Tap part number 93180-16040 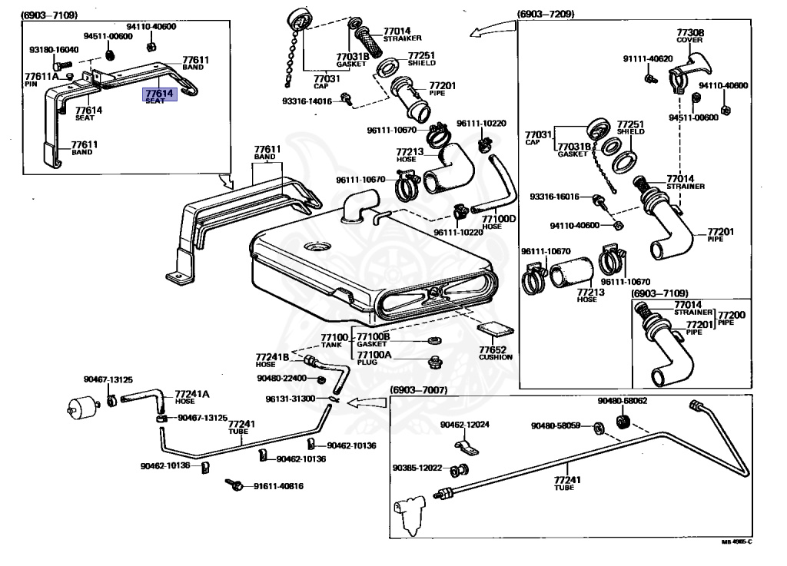[x=54, y=50]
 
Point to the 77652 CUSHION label [x=495, y=352]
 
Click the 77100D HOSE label [x=499, y=222]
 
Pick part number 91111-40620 [x=647, y=58]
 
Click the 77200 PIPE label [x=730, y=318]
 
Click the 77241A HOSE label [x=191, y=396]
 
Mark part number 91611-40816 [x=278, y=485]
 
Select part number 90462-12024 [x=464, y=425]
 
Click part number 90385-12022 [x=417, y=468]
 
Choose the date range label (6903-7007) [x=418, y=390]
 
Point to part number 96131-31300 [x=291, y=399]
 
